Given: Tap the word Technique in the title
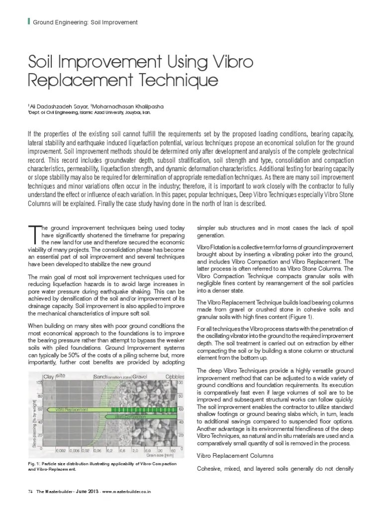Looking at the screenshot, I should pos(180,80).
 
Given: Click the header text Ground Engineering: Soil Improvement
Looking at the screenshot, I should pos(85,23).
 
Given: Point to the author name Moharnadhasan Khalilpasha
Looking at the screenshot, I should pos(135,106).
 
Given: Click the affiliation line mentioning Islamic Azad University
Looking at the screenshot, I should pos(89,113).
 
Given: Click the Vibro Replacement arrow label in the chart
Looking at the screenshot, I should pos(69,409).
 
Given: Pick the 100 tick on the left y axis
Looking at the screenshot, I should pos(38,383).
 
